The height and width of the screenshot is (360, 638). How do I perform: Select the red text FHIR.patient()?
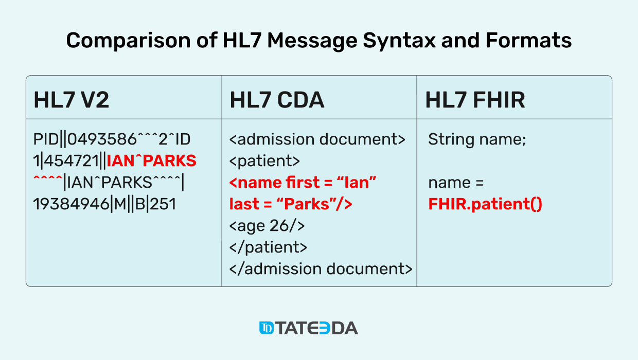pos(485,204)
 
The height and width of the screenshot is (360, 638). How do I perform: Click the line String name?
pos(477,139)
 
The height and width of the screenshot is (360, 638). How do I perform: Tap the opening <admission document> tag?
pos(317,139)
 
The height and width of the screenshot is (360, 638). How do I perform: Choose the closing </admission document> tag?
pos(321,268)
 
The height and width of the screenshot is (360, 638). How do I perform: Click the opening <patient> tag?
pos(264,161)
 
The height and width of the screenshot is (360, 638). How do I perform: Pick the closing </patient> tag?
pos(268,247)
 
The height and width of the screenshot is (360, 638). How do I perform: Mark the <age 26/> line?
pos(267,225)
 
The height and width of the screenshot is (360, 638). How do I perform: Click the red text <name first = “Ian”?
pos(303,183)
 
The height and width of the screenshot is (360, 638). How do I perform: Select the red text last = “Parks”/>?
pos(291,204)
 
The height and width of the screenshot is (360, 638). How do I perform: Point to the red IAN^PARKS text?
pos(152,161)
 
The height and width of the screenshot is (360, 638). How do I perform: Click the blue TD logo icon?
pos(267,328)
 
